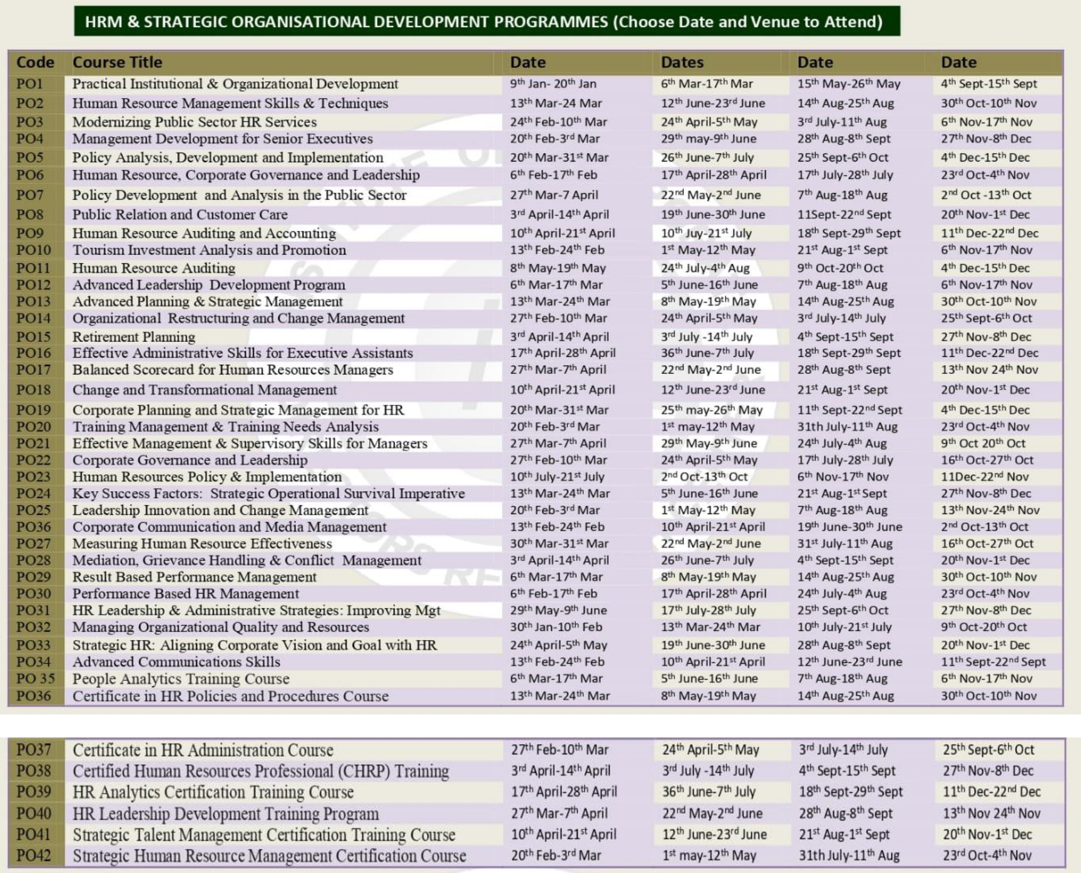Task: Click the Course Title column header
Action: coord(117,62)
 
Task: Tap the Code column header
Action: coord(35,62)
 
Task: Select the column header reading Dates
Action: coord(682,62)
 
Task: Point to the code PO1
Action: coord(30,83)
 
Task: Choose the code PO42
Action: coord(34,855)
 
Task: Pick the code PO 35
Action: coord(35,679)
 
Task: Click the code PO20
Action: coord(34,427)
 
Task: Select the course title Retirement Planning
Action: coord(134,337)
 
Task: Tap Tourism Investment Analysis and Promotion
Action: coord(209,250)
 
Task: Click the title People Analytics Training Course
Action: coord(181,679)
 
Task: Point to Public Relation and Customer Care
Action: coord(180,215)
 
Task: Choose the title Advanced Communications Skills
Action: coord(176,662)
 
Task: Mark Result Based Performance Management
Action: coord(194,577)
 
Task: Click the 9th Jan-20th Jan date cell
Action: coord(553,84)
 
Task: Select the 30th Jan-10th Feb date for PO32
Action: coord(555,627)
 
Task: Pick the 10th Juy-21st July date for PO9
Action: coord(706,234)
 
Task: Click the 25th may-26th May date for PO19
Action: coord(711,410)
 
